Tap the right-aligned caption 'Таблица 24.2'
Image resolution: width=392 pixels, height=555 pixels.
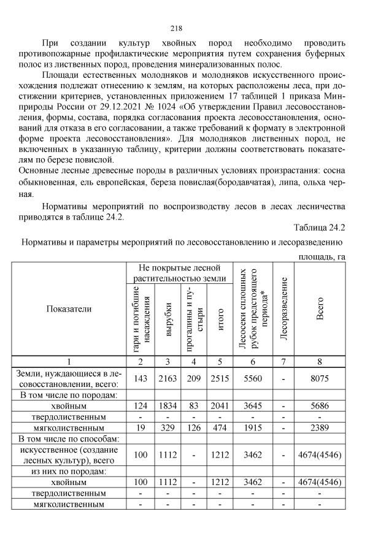tap(320, 228)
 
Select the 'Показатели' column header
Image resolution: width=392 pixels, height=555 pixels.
tap(69, 308)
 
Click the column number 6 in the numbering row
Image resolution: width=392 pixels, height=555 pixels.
tap(252, 361)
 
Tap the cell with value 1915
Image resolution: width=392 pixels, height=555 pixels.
tap(252, 427)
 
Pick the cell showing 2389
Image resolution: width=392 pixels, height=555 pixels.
tap(319, 427)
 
